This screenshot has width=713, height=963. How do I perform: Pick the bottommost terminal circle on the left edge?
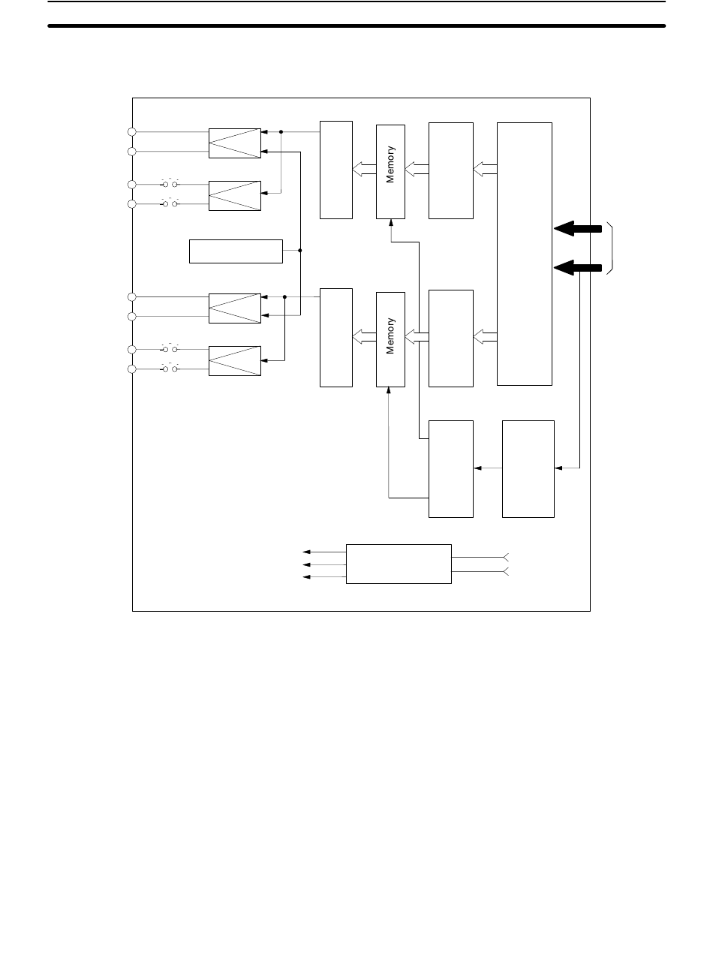pos(131,369)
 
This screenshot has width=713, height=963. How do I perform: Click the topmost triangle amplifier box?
pos(235,143)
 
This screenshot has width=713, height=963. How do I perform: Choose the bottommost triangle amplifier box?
pos(235,360)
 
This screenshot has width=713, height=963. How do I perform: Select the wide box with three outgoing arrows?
pos(399,564)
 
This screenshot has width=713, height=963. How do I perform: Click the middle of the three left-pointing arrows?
pos(323,564)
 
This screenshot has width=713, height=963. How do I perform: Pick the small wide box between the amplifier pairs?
pos(236,251)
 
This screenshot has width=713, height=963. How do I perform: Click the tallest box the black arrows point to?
pos(525,254)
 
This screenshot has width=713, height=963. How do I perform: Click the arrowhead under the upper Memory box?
pos(390,223)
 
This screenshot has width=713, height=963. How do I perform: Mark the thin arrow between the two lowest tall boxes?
pos(488,468)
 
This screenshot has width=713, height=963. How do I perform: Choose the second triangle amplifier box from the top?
pos(235,195)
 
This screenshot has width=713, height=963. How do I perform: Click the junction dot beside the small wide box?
pos(300,251)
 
